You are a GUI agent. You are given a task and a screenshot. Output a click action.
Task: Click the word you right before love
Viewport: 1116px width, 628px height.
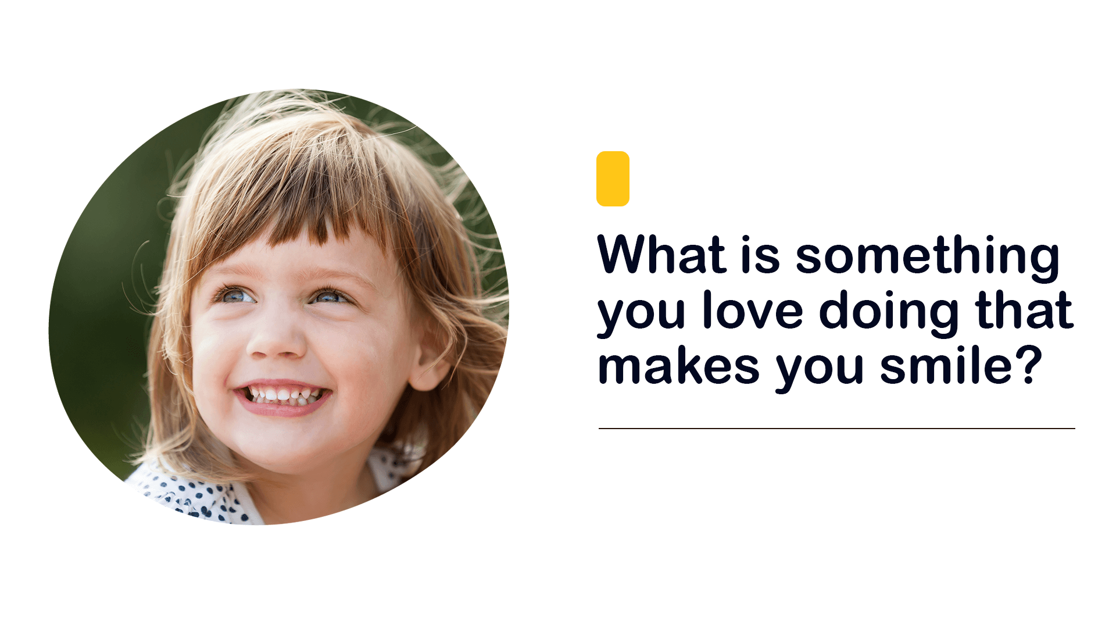pos(642,315)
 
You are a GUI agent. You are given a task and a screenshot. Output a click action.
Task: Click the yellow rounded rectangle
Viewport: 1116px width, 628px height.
pos(613,179)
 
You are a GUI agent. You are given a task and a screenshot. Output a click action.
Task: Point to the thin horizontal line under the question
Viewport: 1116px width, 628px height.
pos(837,429)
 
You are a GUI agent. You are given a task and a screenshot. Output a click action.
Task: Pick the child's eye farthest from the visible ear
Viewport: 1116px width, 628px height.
pos(236,295)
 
